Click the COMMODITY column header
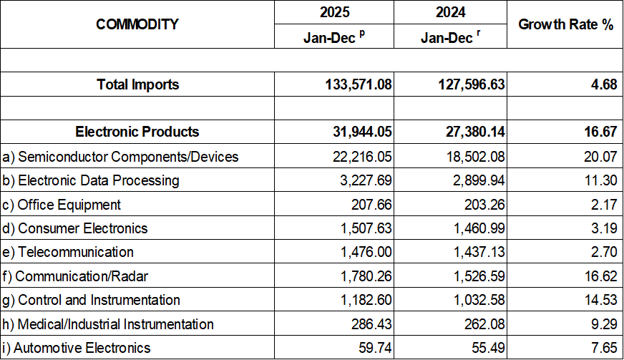137,24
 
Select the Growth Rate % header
566,24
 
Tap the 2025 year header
334,12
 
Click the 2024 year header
449,12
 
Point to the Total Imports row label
138,84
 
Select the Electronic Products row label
137,132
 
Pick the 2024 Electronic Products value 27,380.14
472,132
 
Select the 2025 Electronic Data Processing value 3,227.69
362,180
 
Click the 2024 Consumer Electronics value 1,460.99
476,228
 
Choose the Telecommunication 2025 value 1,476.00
362,252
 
